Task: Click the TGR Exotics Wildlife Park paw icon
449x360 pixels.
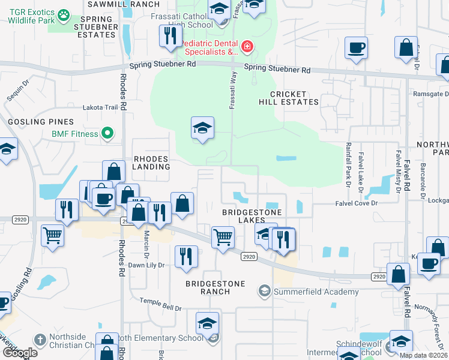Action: [64, 13]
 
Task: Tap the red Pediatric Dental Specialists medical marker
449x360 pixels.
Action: [246, 46]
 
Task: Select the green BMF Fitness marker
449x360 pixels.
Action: [108, 133]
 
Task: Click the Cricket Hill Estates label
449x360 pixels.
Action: [288, 98]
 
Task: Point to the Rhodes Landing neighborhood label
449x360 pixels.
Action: [151, 163]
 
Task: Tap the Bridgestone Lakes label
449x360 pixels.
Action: [252, 217]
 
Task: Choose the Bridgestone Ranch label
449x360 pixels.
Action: [208, 287]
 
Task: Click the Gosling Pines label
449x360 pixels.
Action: [32, 122]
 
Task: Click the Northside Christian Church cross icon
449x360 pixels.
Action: [40, 340]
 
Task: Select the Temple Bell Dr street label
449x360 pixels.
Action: [160, 308]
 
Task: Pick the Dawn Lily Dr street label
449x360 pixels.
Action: [145, 265]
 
